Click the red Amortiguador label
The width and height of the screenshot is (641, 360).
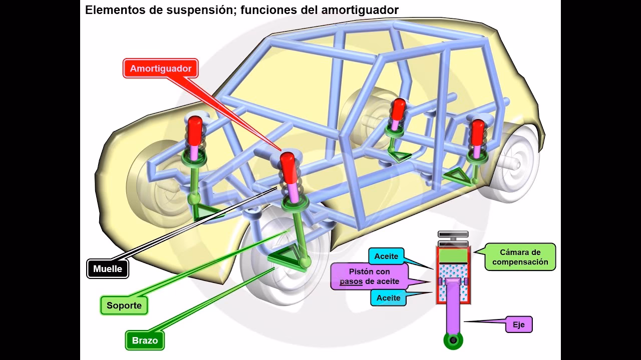(160, 68)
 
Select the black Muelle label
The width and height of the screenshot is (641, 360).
(108, 268)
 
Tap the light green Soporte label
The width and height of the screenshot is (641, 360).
(124, 305)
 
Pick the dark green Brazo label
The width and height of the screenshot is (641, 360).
(145, 340)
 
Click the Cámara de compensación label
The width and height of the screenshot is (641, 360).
(520, 257)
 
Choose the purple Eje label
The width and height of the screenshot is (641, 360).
(518, 324)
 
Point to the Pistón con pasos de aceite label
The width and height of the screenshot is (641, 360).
(370, 276)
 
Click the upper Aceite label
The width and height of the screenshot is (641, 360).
(387, 256)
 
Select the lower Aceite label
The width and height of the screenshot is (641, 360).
(389, 297)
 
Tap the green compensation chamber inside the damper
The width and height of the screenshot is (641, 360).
(453, 255)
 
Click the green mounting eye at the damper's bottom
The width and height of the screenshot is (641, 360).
(453, 340)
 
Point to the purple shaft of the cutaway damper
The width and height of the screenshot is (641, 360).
(453, 310)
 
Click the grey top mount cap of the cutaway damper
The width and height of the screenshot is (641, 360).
(453, 235)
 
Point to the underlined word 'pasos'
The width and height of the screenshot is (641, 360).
(351, 281)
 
